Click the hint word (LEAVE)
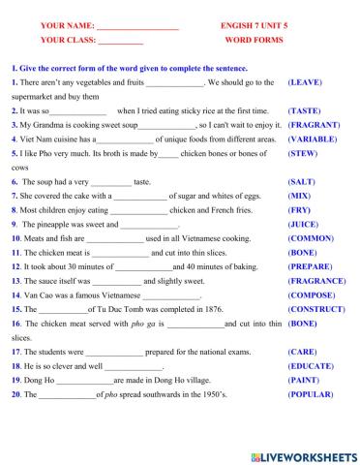306,83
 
